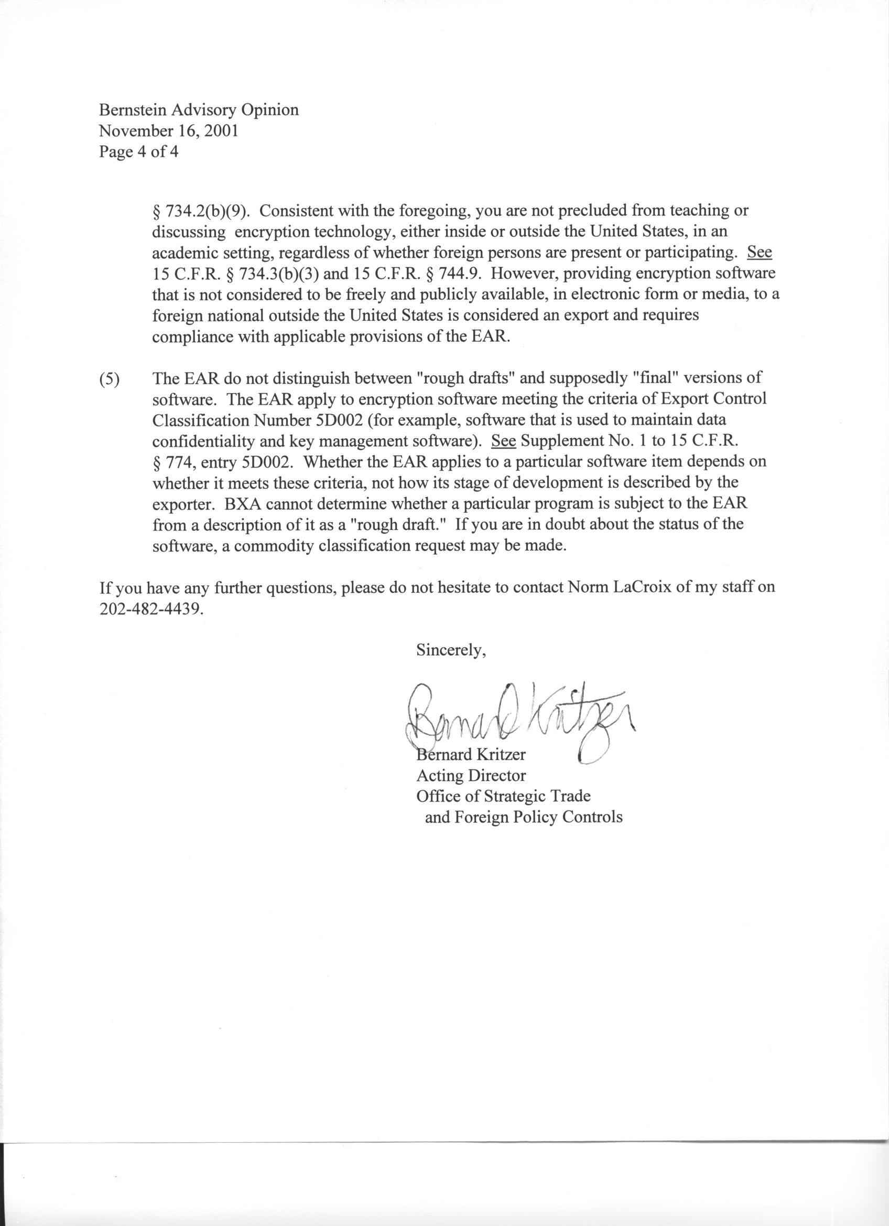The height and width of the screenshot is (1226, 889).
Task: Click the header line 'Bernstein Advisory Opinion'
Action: (198, 110)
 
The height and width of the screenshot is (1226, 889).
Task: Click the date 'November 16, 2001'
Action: (168, 132)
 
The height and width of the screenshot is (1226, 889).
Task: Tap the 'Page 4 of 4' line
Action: (138, 152)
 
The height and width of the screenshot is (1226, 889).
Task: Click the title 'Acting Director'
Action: (471, 776)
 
